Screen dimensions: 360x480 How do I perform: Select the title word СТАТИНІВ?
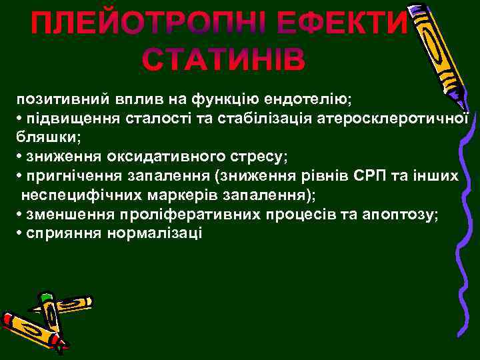point(224,59)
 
